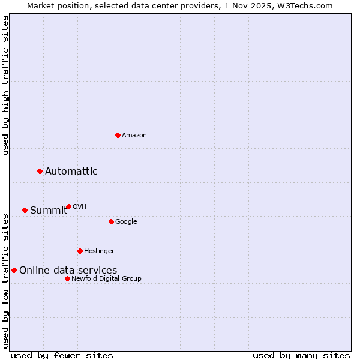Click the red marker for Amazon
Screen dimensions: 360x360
coord(118,135)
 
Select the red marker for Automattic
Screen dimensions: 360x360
coord(40,172)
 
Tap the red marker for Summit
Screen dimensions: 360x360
coord(25,210)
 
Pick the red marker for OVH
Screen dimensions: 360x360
coord(68,206)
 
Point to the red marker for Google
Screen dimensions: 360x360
coord(111,221)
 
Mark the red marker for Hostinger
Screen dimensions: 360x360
coord(80,251)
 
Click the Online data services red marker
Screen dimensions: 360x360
coord(14,270)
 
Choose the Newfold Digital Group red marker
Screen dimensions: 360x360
coord(67,278)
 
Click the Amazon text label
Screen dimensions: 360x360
coord(134,136)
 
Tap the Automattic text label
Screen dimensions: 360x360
coord(71,172)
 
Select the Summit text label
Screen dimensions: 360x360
coord(49,210)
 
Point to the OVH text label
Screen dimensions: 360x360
coord(80,207)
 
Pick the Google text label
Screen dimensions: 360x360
coord(126,222)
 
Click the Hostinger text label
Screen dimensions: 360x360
coord(99,251)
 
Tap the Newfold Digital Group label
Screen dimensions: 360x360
coord(106,279)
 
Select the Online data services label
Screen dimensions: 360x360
coord(68,271)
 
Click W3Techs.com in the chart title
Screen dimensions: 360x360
coord(305,5)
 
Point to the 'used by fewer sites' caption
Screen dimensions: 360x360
coord(62,355)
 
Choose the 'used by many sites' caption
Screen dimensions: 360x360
coord(301,355)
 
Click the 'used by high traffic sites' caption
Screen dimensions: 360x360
coord(6,85)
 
